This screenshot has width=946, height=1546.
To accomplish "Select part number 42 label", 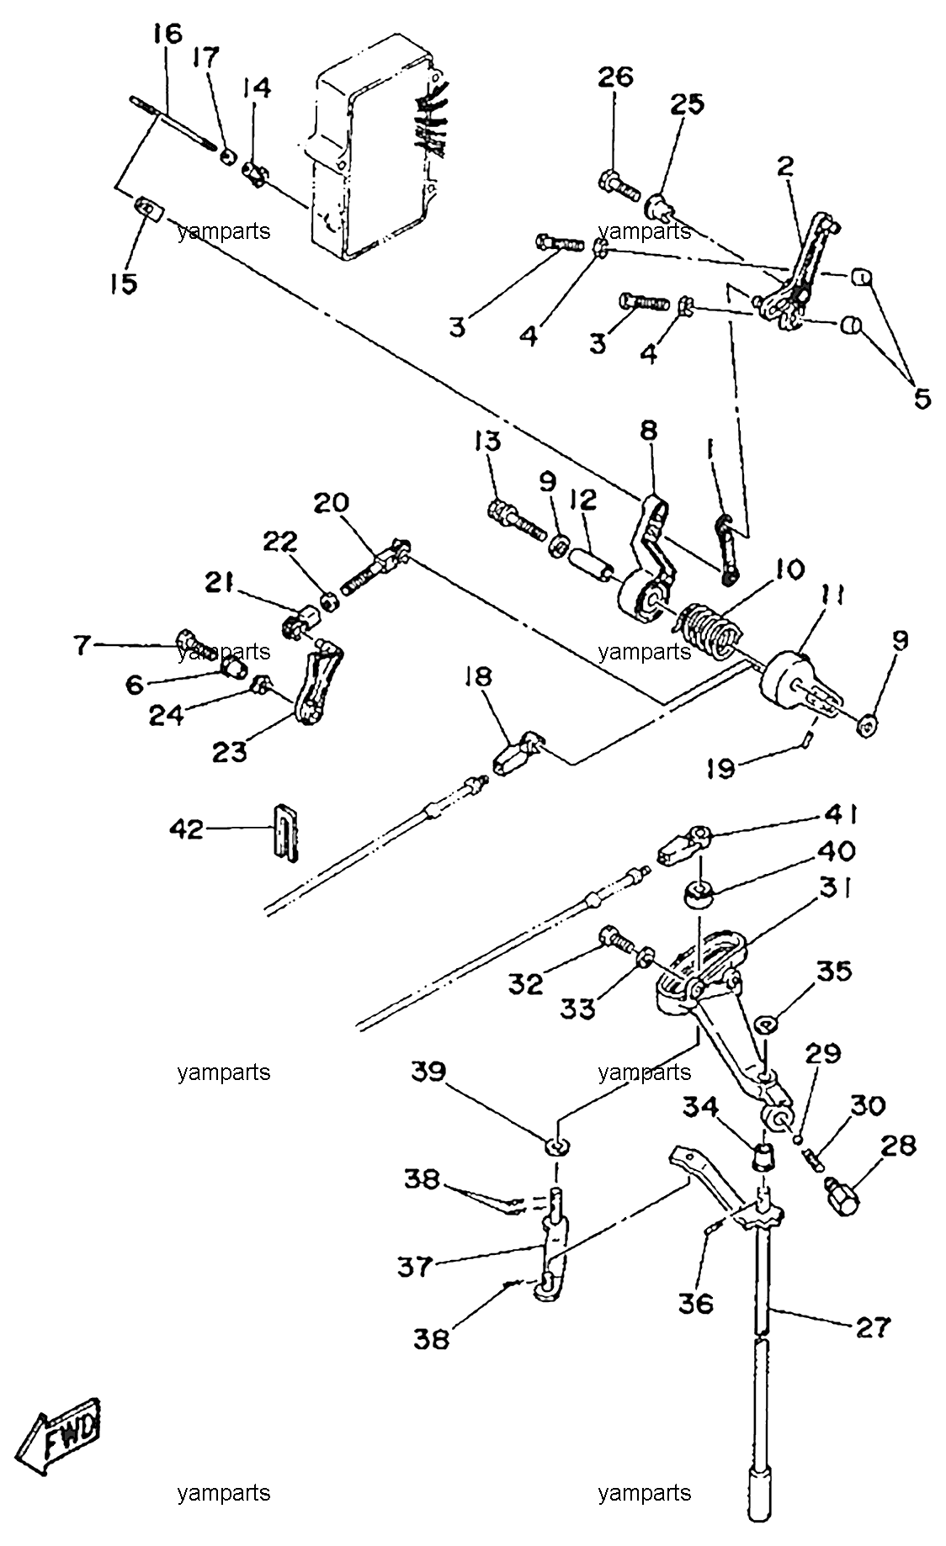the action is point(186,830).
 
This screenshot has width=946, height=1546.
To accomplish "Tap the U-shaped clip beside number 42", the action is point(285,832).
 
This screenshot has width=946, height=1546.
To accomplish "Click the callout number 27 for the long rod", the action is point(872,1327).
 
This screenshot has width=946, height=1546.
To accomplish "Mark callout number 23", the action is point(229,751).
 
